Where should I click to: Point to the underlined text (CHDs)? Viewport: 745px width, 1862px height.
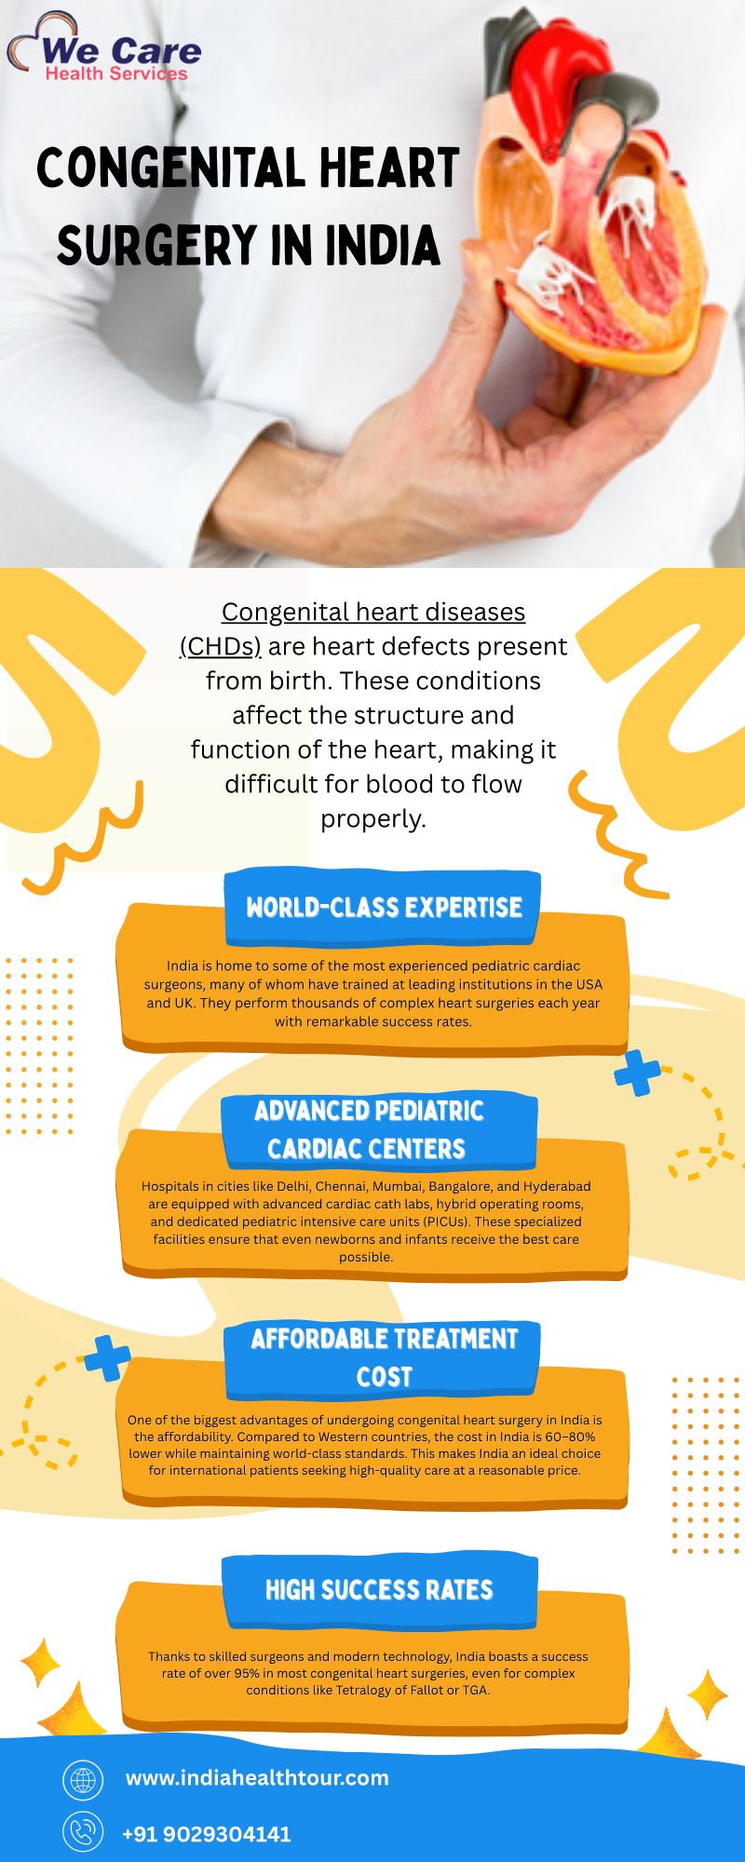point(221,646)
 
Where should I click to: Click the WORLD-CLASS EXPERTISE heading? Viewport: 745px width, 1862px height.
point(384,908)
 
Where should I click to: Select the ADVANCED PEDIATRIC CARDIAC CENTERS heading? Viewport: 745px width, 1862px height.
point(369,1129)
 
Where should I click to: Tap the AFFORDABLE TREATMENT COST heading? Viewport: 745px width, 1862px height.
point(384,1357)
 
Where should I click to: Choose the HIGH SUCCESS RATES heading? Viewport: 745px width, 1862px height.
point(379,1589)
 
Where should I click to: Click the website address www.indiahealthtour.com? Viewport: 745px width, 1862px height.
point(257,1777)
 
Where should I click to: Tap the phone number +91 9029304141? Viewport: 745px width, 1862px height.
point(207,1834)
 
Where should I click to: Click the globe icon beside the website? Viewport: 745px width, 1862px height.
point(83,1779)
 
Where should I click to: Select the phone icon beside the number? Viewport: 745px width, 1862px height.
point(83,1832)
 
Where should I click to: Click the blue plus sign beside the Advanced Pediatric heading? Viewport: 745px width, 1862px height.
point(638,1073)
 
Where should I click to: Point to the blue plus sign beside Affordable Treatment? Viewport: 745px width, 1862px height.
point(108,1358)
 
